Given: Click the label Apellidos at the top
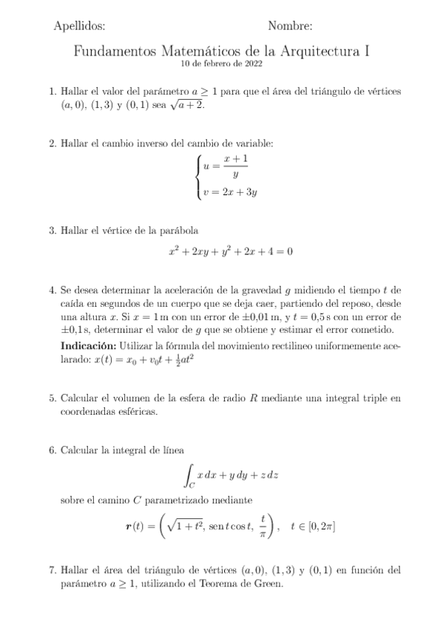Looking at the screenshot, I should pos(79,27).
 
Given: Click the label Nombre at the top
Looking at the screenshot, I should pos(290,27).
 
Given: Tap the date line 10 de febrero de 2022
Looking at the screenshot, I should pos(221,64).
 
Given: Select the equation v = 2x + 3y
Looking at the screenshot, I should pos(229,192).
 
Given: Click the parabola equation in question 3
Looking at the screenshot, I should pos(230,251).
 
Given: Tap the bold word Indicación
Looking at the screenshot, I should pos(88,347).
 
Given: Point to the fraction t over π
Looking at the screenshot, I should pos(263,526).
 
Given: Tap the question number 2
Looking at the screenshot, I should pos(53,143).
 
